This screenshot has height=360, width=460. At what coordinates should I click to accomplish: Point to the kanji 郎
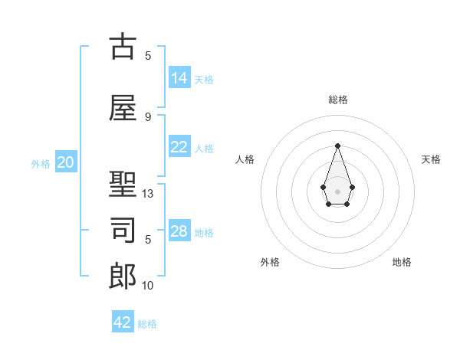(x=123, y=277)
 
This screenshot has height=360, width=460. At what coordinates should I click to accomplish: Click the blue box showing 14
(x=179, y=77)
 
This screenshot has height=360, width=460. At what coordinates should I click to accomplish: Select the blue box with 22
(x=179, y=147)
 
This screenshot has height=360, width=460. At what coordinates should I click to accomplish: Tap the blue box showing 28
(x=179, y=231)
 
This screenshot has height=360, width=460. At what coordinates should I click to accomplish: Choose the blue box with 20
(x=66, y=162)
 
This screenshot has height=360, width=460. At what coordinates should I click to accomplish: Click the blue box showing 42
(x=123, y=322)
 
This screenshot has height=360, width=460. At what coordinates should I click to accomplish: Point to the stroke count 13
(x=148, y=194)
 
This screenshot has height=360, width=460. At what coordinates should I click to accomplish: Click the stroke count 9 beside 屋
(x=148, y=116)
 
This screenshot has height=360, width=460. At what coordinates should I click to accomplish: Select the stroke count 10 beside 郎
(x=148, y=286)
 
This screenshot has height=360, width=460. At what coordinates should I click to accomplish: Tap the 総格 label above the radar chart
(x=337, y=100)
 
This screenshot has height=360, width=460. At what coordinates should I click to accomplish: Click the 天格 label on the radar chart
(x=432, y=159)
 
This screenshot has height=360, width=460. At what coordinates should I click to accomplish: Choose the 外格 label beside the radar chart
(x=270, y=262)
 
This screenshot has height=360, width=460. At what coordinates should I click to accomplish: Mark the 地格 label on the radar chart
(x=402, y=262)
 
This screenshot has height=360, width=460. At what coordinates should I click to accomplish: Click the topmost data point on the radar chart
(x=337, y=146)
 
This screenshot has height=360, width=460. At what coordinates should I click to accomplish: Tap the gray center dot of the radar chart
(x=337, y=190)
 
